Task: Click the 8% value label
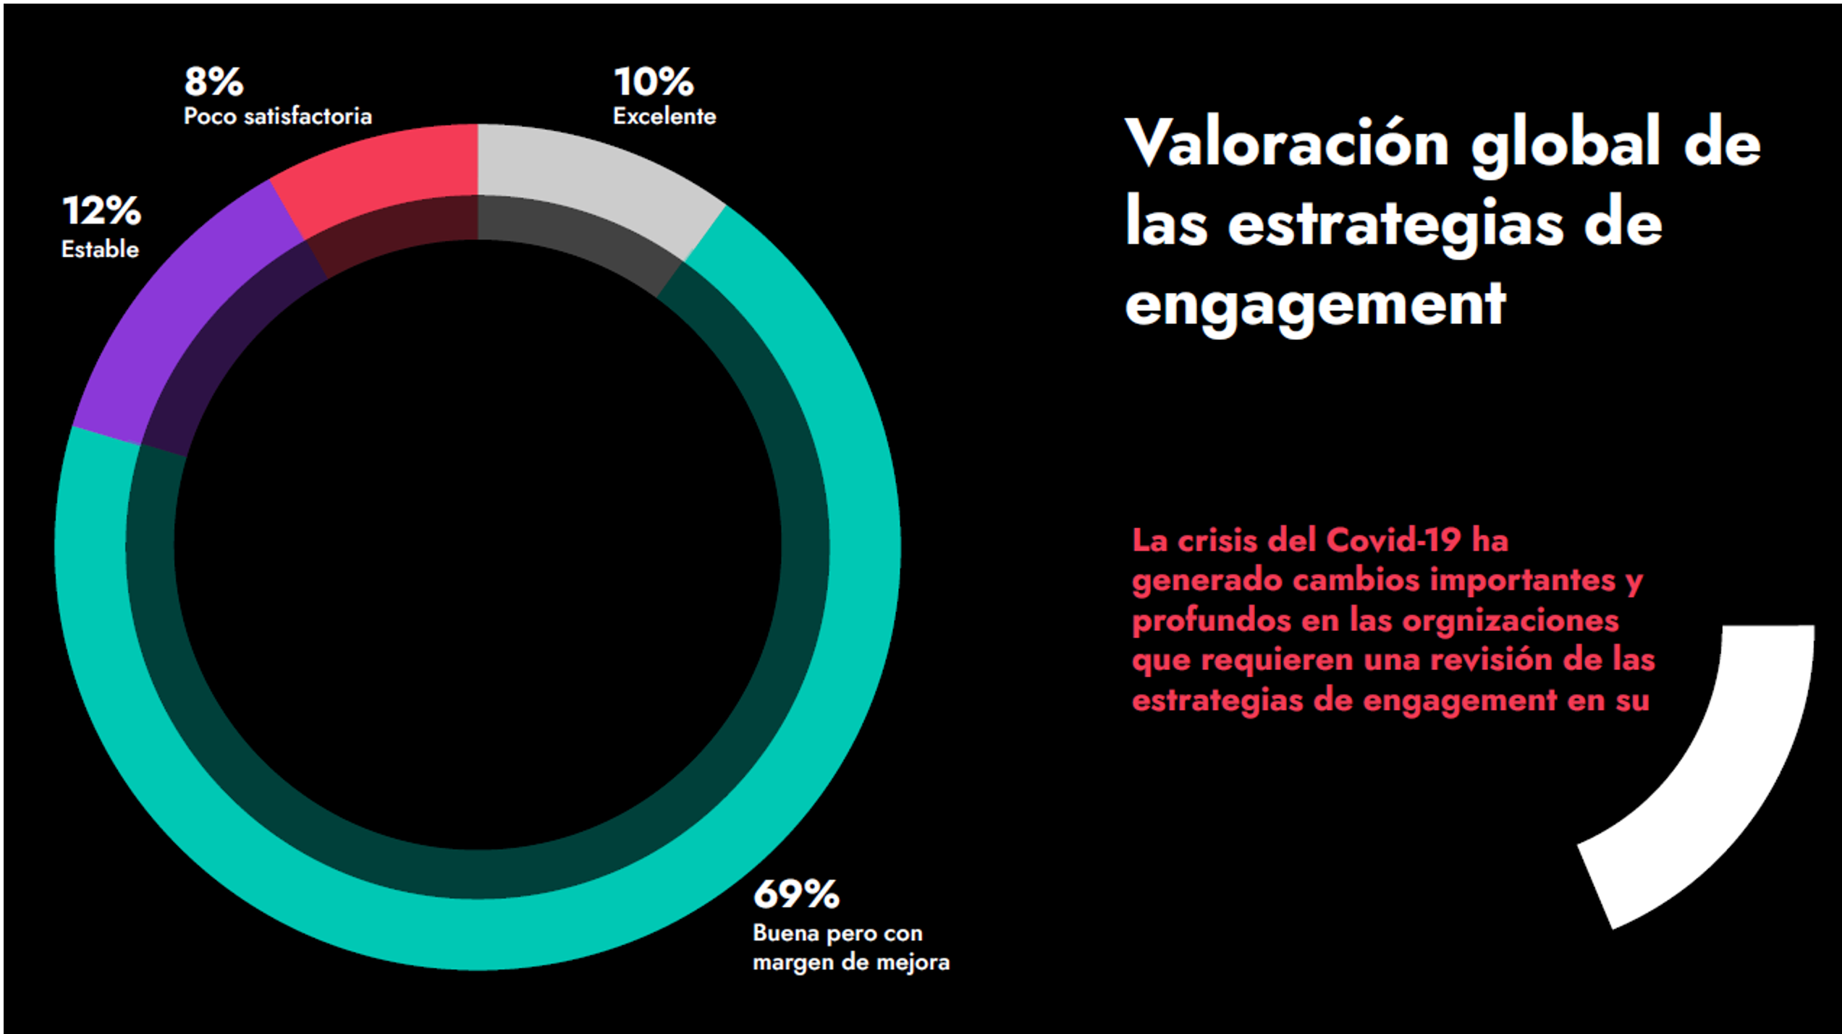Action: tap(214, 82)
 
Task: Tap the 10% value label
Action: tap(654, 82)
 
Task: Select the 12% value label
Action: tap(101, 211)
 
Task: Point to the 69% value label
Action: tap(796, 894)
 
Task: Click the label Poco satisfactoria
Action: tap(277, 116)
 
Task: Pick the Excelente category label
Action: tap(664, 116)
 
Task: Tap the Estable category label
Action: tap(100, 250)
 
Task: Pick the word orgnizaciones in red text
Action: tap(1510, 621)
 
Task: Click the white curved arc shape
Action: tap(1737, 781)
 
